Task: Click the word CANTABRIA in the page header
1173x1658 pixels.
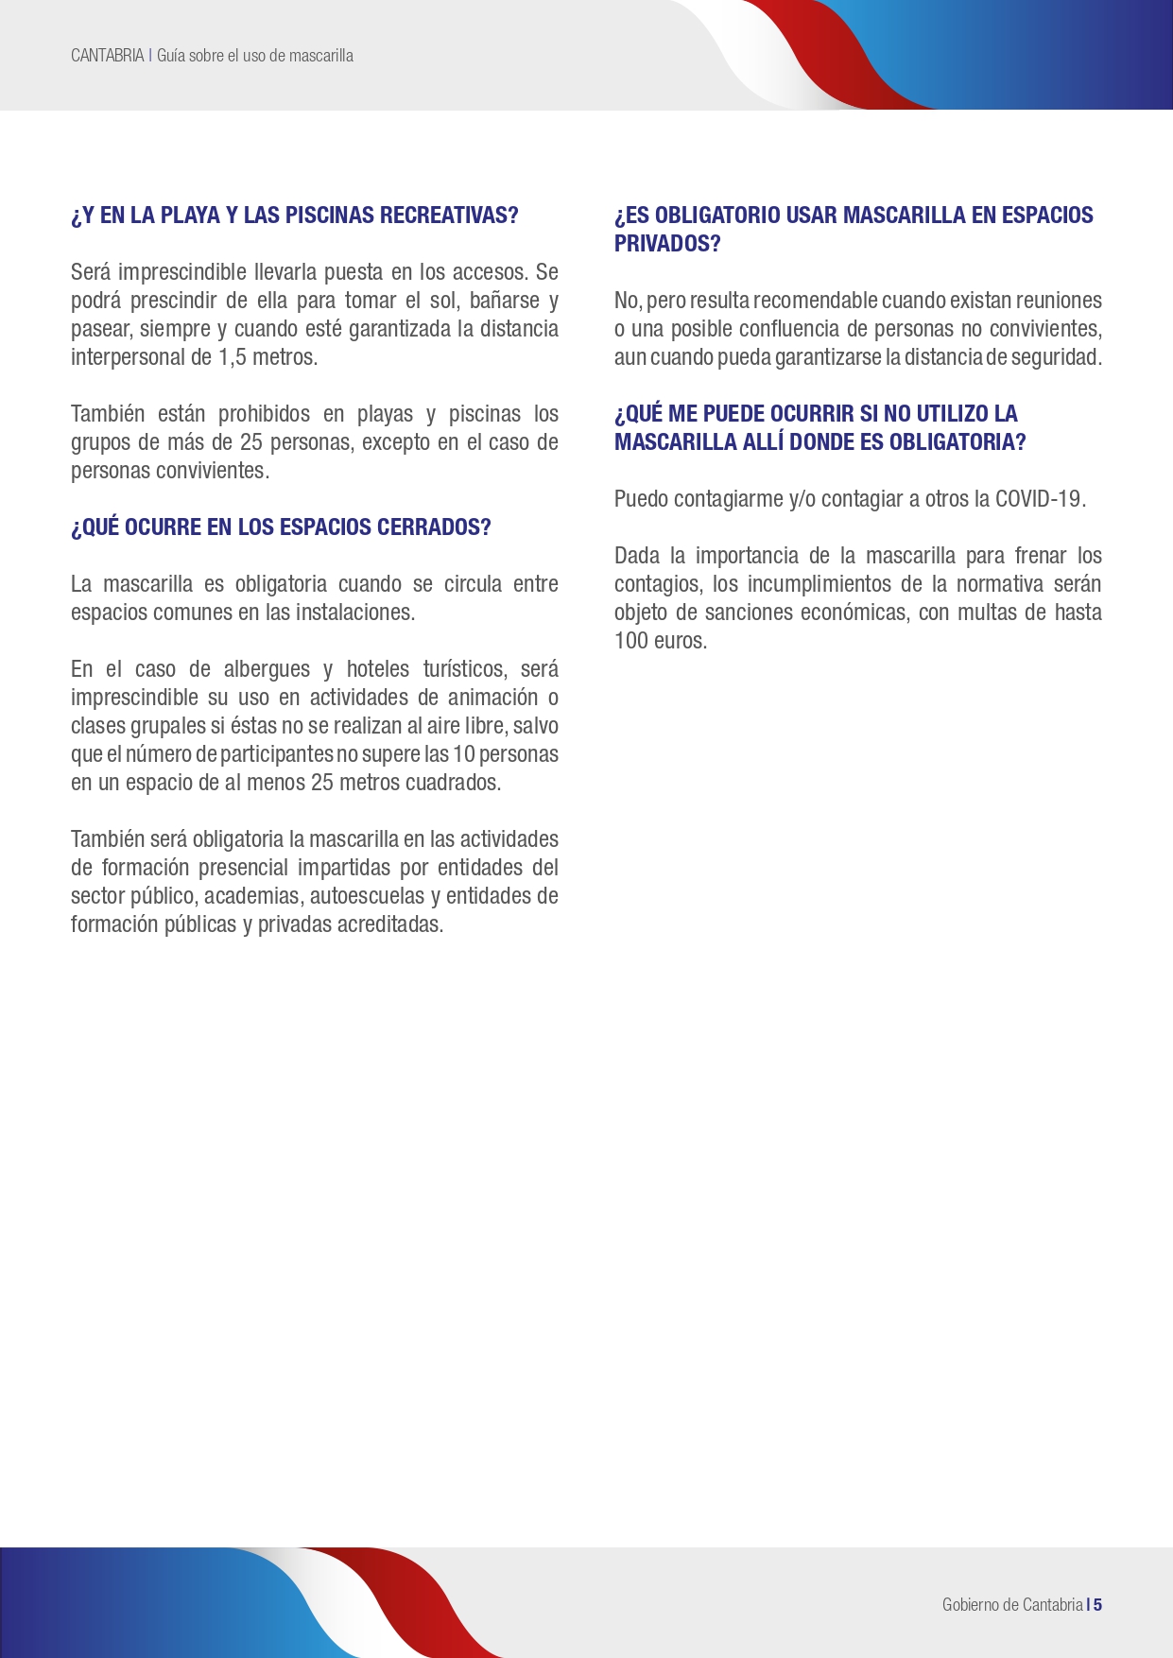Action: tap(107, 56)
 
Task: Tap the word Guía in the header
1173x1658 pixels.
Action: tap(171, 56)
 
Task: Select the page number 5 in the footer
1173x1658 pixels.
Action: tap(1098, 1604)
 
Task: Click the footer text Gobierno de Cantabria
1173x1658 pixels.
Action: tap(1011, 1604)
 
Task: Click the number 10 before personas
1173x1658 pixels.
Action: tap(463, 754)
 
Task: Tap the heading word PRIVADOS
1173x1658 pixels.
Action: tap(666, 244)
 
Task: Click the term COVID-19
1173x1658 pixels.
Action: tap(1039, 499)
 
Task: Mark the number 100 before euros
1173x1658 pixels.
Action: tap(630, 641)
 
